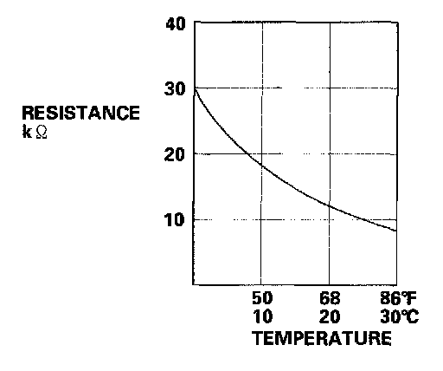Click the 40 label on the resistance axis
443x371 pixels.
point(176,24)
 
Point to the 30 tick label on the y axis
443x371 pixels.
point(175,88)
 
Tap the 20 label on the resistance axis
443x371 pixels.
point(175,154)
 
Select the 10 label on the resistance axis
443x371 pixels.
point(175,220)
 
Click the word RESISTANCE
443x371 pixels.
point(81,113)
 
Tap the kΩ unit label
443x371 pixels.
point(35,133)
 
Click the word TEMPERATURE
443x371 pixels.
point(322,338)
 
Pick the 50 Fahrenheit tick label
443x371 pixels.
point(262,298)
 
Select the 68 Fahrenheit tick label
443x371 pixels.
point(330,298)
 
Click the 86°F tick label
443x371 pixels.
point(399,298)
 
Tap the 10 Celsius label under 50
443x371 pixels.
point(262,316)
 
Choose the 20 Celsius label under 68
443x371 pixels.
point(330,316)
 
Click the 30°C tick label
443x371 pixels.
point(400,316)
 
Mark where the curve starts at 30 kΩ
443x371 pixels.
point(195,88)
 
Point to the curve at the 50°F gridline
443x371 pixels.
point(261,166)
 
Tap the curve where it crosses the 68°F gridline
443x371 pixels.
point(330,205)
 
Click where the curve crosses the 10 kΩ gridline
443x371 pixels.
point(364,220)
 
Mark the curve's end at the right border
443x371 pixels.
point(396,231)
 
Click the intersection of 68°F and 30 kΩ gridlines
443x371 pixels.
point(330,88)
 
